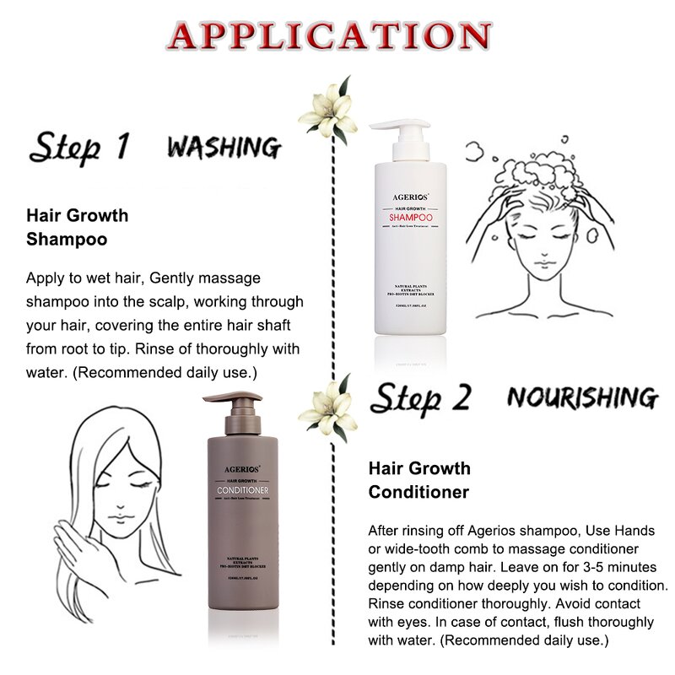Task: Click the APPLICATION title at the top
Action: point(329,35)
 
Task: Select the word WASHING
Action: point(224,147)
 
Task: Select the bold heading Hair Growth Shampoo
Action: point(78,227)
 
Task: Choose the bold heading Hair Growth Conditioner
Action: point(419,480)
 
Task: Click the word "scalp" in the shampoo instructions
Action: point(170,301)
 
